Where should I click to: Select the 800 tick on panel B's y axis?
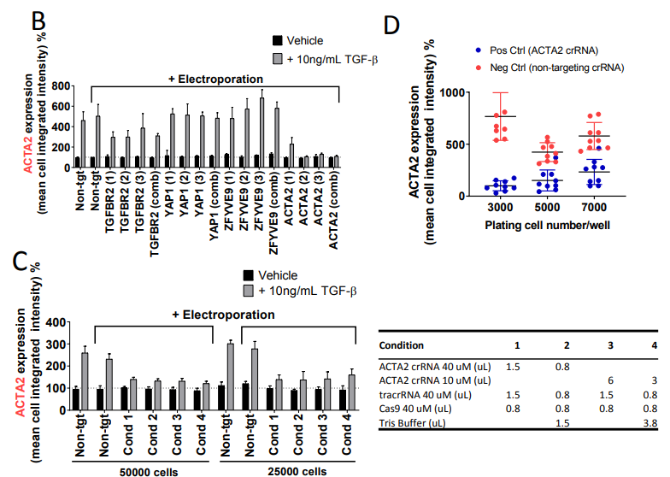pyautogui.click(x=60, y=86)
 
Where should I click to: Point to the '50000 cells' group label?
pyautogui.click(x=142, y=470)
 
